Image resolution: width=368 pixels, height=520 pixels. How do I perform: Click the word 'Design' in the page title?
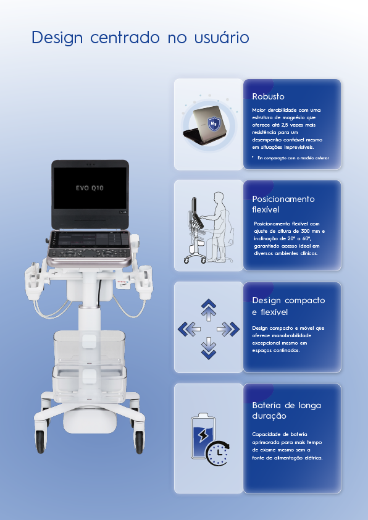[57, 38]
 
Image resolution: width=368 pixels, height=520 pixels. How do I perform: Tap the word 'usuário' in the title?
[222, 37]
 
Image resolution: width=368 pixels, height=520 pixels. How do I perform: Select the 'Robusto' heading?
[268, 96]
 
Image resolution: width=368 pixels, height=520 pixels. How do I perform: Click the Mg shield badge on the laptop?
[214, 124]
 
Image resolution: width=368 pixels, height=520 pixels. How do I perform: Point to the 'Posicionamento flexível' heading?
[283, 204]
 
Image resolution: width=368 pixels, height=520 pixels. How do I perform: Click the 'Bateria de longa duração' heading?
[286, 411]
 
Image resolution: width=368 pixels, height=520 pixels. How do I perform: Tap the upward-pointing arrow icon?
[209, 310]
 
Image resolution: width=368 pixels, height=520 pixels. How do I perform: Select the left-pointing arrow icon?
[189, 329]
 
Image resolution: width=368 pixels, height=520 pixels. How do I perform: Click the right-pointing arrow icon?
[228, 329]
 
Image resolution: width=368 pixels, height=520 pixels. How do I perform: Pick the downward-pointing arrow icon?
[209, 348]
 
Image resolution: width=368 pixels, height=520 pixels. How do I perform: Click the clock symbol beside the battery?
[218, 453]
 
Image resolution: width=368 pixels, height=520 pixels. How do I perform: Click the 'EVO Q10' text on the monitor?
[90, 188]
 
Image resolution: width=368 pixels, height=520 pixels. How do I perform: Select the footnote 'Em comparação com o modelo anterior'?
[293, 158]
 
